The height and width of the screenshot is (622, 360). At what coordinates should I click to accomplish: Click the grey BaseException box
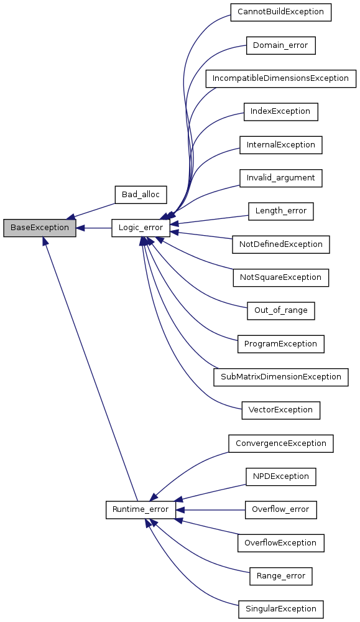pyautogui.click(x=39, y=228)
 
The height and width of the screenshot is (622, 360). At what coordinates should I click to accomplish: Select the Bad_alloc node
pyautogui.click(x=141, y=195)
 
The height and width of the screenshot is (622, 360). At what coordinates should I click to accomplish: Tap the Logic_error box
pyautogui.click(x=141, y=228)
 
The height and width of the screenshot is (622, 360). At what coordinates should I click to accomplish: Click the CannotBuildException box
pyautogui.click(x=280, y=12)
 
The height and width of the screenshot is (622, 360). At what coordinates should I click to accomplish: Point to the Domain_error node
pyautogui.click(x=280, y=45)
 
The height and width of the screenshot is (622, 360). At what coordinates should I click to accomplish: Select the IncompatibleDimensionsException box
pyautogui.click(x=280, y=78)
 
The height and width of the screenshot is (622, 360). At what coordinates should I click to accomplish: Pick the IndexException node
pyautogui.click(x=280, y=111)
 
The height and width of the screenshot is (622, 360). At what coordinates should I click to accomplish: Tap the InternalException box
pyautogui.click(x=280, y=145)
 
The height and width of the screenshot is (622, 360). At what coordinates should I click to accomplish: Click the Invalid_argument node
pyautogui.click(x=280, y=178)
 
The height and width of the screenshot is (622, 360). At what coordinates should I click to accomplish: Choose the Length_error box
pyautogui.click(x=280, y=211)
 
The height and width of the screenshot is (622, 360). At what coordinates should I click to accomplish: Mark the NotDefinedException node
pyautogui.click(x=280, y=244)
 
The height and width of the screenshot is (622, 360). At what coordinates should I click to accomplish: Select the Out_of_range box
pyautogui.click(x=280, y=310)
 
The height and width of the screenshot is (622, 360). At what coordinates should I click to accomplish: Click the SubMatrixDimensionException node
pyautogui.click(x=280, y=377)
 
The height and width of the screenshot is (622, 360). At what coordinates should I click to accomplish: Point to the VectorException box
pyautogui.click(x=280, y=410)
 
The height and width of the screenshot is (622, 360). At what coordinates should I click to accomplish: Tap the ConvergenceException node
pyautogui.click(x=280, y=443)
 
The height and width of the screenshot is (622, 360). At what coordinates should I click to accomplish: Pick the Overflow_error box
pyautogui.click(x=280, y=510)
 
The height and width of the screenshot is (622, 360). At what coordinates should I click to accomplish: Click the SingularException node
pyautogui.click(x=280, y=609)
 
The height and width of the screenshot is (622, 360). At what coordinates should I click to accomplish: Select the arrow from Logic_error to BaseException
pyautogui.click(x=93, y=228)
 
